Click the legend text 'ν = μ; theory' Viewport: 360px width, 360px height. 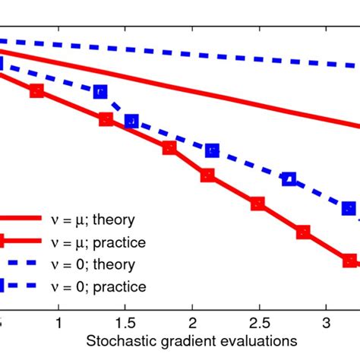[98, 220]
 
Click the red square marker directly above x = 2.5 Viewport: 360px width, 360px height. [257, 204]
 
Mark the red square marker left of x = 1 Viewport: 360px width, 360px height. [36, 91]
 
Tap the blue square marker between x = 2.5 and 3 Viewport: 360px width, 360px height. [289, 178]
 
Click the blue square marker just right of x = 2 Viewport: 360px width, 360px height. [212, 150]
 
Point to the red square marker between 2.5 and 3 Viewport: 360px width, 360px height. [303, 232]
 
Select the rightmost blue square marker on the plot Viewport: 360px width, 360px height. [349, 208]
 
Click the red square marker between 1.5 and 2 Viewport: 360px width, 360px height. [169, 148]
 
